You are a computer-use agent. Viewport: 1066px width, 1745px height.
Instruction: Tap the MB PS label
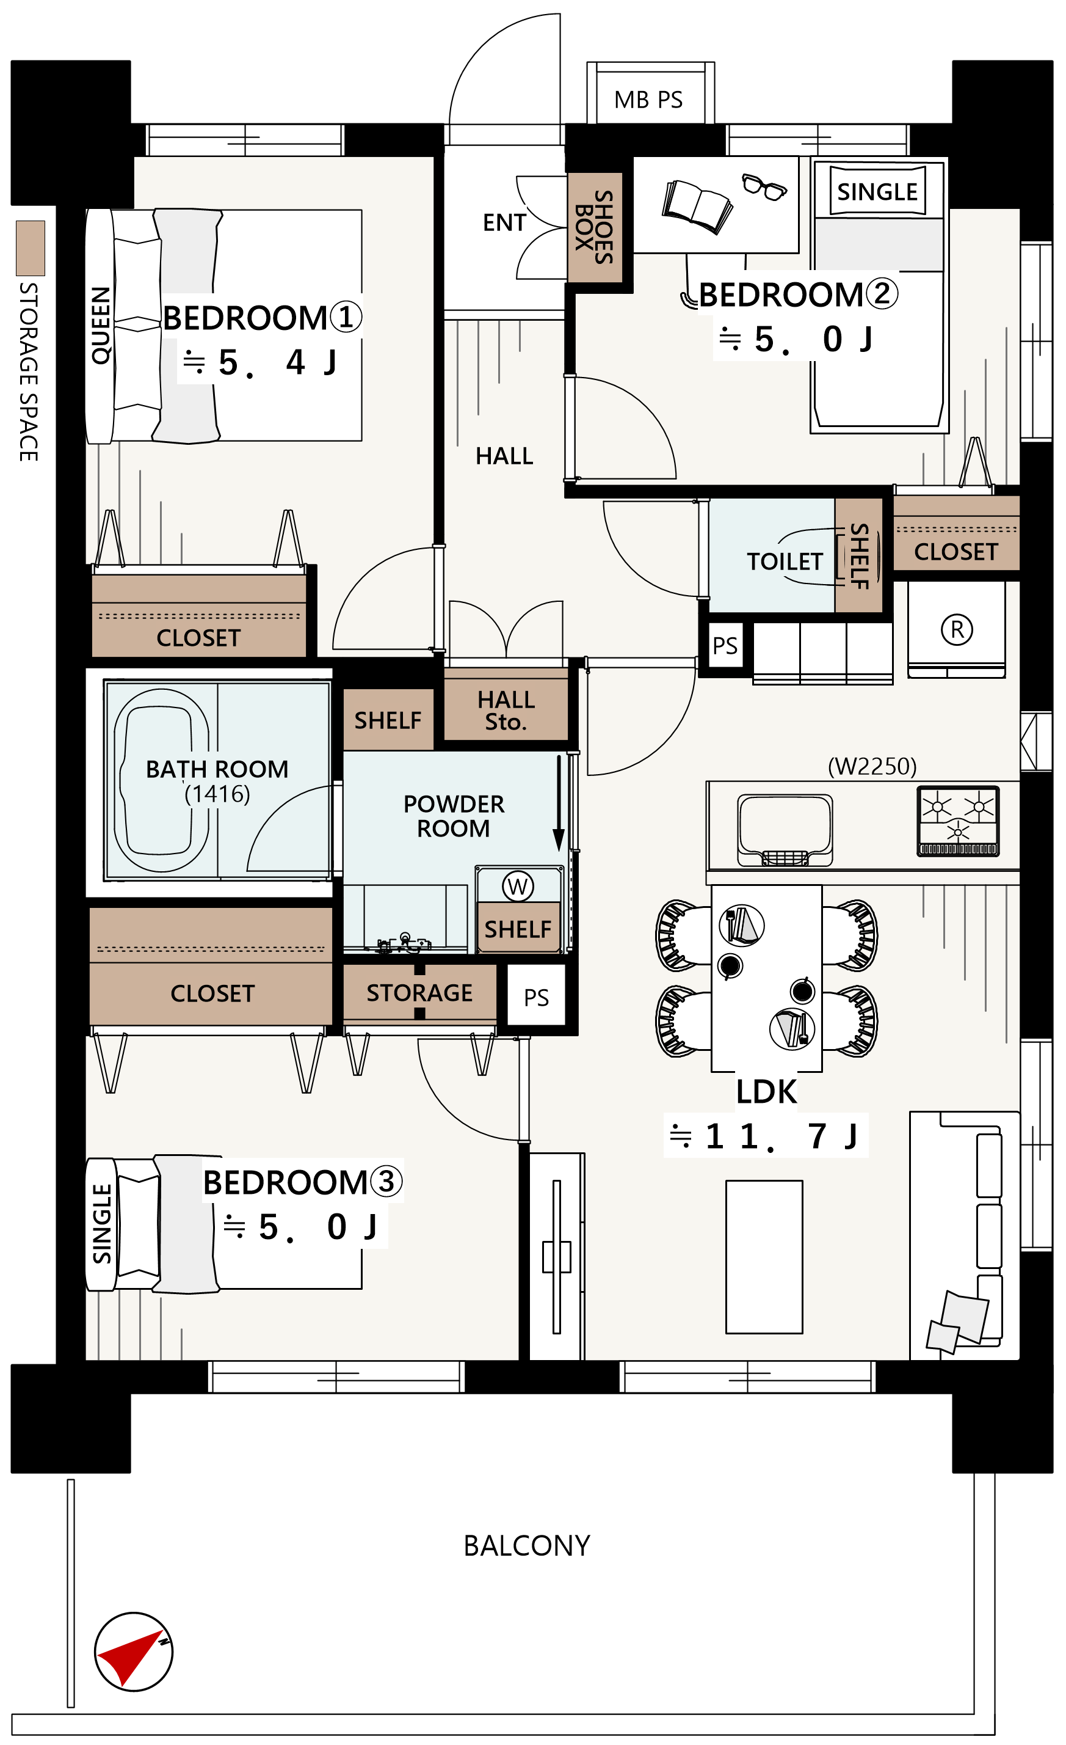[x=648, y=100]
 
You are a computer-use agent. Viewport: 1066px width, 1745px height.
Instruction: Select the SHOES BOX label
[x=595, y=227]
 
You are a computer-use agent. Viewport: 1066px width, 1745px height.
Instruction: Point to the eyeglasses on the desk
[x=764, y=187]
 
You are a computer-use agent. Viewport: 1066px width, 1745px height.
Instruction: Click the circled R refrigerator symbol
[x=957, y=629]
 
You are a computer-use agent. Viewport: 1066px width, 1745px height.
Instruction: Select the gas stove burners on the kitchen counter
[x=958, y=821]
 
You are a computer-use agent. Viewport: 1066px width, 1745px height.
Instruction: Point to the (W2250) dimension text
[x=872, y=766]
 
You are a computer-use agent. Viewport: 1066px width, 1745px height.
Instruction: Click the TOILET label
[x=785, y=562]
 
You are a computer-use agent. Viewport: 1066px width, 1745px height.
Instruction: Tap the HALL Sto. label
[x=506, y=711]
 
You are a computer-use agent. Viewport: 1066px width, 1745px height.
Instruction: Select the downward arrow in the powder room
[x=559, y=803]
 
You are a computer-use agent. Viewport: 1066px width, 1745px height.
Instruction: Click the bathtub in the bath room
[x=161, y=780]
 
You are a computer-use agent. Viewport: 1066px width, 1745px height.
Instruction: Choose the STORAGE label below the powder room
[x=420, y=993]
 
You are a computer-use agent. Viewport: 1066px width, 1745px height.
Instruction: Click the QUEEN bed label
[x=101, y=326]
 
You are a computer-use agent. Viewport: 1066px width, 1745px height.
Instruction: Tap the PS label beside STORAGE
[x=537, y=998]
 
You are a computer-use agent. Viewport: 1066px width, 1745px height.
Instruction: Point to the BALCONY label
[x=527, y=1546]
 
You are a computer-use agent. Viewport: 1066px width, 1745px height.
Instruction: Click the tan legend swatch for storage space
[x=31, y=248]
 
